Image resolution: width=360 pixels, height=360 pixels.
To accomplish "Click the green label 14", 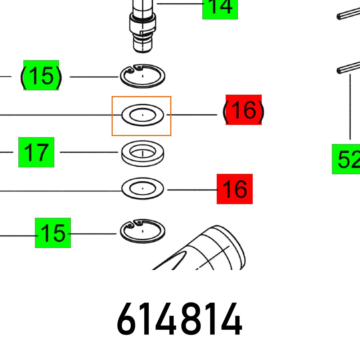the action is point(220,9).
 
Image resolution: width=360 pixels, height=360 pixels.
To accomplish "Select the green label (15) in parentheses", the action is point(41,75).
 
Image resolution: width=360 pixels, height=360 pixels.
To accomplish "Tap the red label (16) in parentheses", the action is point(244,110).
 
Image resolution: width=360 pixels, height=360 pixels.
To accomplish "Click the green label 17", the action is point(36,152).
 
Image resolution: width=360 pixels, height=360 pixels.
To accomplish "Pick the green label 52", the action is point(346,159).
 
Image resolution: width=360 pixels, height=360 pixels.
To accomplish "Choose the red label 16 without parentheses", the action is point(235,189).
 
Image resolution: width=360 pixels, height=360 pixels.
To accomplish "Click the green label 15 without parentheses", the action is point(53,233).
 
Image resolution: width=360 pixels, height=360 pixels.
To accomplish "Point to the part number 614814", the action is point(179,319).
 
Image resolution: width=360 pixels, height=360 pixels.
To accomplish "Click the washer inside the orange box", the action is point(143,115).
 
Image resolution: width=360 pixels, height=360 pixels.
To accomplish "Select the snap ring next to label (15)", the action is point(143,76).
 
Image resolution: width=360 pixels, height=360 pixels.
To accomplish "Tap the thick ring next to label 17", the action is point(143,154).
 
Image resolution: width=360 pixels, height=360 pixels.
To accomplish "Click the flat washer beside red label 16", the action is point(143,189).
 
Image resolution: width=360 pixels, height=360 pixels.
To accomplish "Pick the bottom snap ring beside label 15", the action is point(143,231).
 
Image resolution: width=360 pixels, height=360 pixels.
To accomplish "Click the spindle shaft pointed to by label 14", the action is point(143,26).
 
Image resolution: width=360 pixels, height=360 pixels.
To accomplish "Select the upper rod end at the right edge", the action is point(348,13).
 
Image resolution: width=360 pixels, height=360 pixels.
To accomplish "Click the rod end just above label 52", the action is point(348,68).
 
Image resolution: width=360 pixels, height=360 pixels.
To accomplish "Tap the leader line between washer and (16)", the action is point(192,114).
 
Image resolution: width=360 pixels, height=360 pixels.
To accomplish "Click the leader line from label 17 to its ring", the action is point(89,152).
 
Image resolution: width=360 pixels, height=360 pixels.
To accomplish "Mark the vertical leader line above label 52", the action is point(350,107).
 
